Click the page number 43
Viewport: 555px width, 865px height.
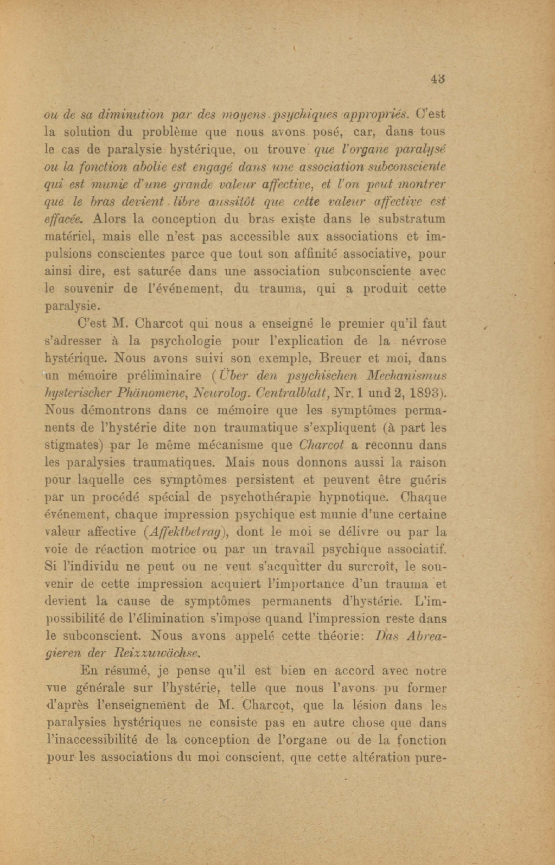(438, 79)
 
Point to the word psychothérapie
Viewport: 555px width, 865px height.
(265, 497)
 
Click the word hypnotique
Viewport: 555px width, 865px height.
(353, 498)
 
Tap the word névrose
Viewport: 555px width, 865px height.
(422, 341)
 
